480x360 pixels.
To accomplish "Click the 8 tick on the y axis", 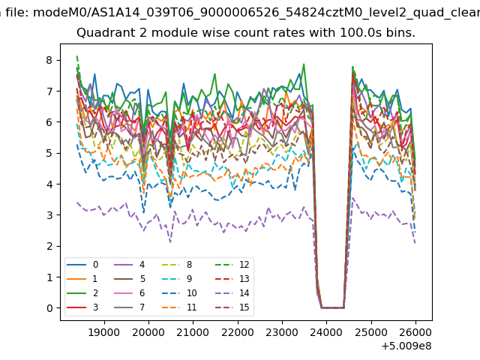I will (x=49, y=60).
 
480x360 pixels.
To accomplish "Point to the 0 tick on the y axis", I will (x=49, y=307).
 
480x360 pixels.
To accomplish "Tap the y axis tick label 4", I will (x=49, y=184).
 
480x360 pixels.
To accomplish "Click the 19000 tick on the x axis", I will (x=103, y=331).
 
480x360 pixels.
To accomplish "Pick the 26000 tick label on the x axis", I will (x=415, y=331).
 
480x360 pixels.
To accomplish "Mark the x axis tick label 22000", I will (x=237, y=331).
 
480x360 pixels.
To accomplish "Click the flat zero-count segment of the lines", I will (x=332, y=307).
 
